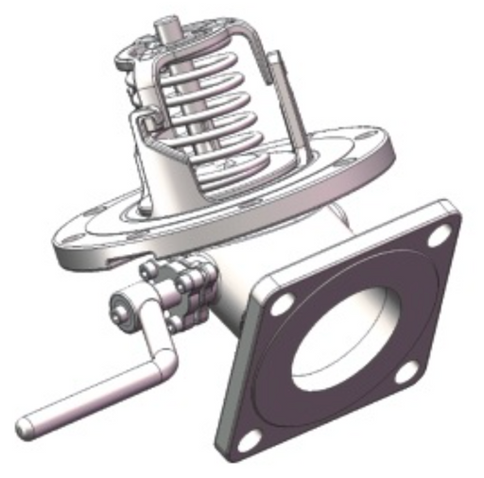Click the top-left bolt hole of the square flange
click(283, 304)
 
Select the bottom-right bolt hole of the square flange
click(406, 371)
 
